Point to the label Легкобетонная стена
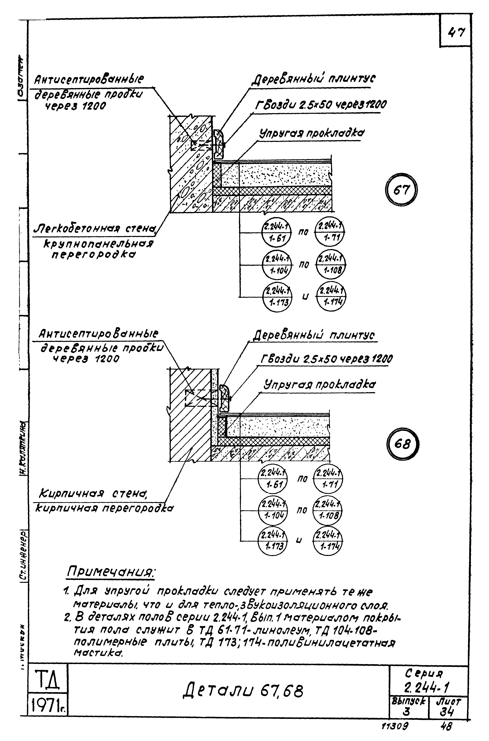click(95, 229)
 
